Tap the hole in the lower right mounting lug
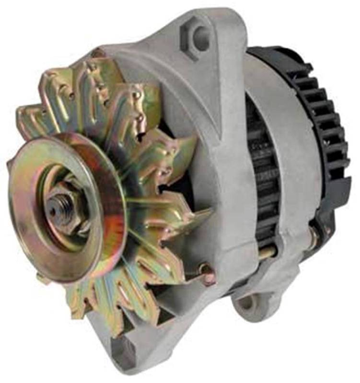click(x=245, y=302)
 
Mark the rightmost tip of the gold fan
click(x=211, y=211)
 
